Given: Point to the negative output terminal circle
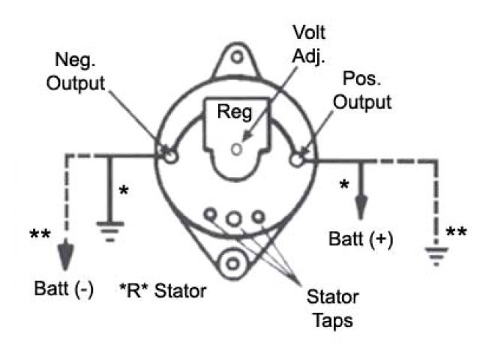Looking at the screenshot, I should [170, 155].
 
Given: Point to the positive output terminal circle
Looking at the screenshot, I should [299, 157].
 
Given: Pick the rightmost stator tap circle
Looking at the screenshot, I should [257, 216].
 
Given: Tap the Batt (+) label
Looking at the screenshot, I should [361, 239].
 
